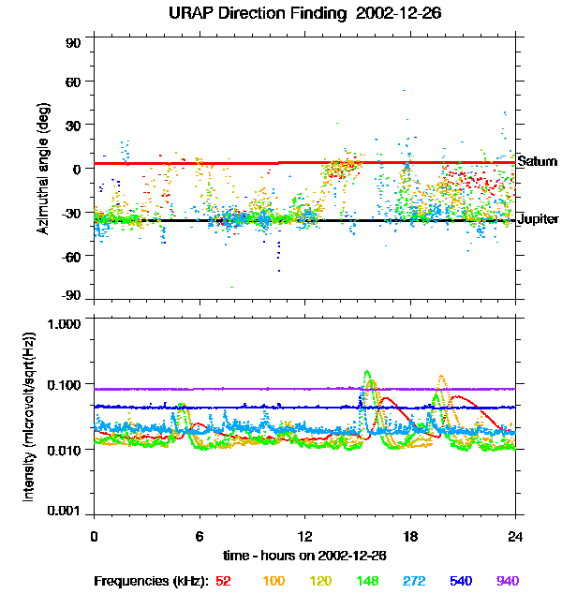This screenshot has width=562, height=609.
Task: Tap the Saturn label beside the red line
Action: click(x=538, y=161)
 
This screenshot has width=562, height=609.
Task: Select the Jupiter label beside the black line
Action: click(x=539, y=219)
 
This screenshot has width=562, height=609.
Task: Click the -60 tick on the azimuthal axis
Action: click(x=71, y=255)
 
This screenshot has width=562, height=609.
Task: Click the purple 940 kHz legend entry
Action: click(x=506, y=581)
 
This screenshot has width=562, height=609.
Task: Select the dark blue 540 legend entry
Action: click(x=458, y=581)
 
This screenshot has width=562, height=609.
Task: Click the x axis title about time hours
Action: click(x=304, y=557)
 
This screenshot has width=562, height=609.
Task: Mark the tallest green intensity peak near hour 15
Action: click(x=367, y=372)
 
